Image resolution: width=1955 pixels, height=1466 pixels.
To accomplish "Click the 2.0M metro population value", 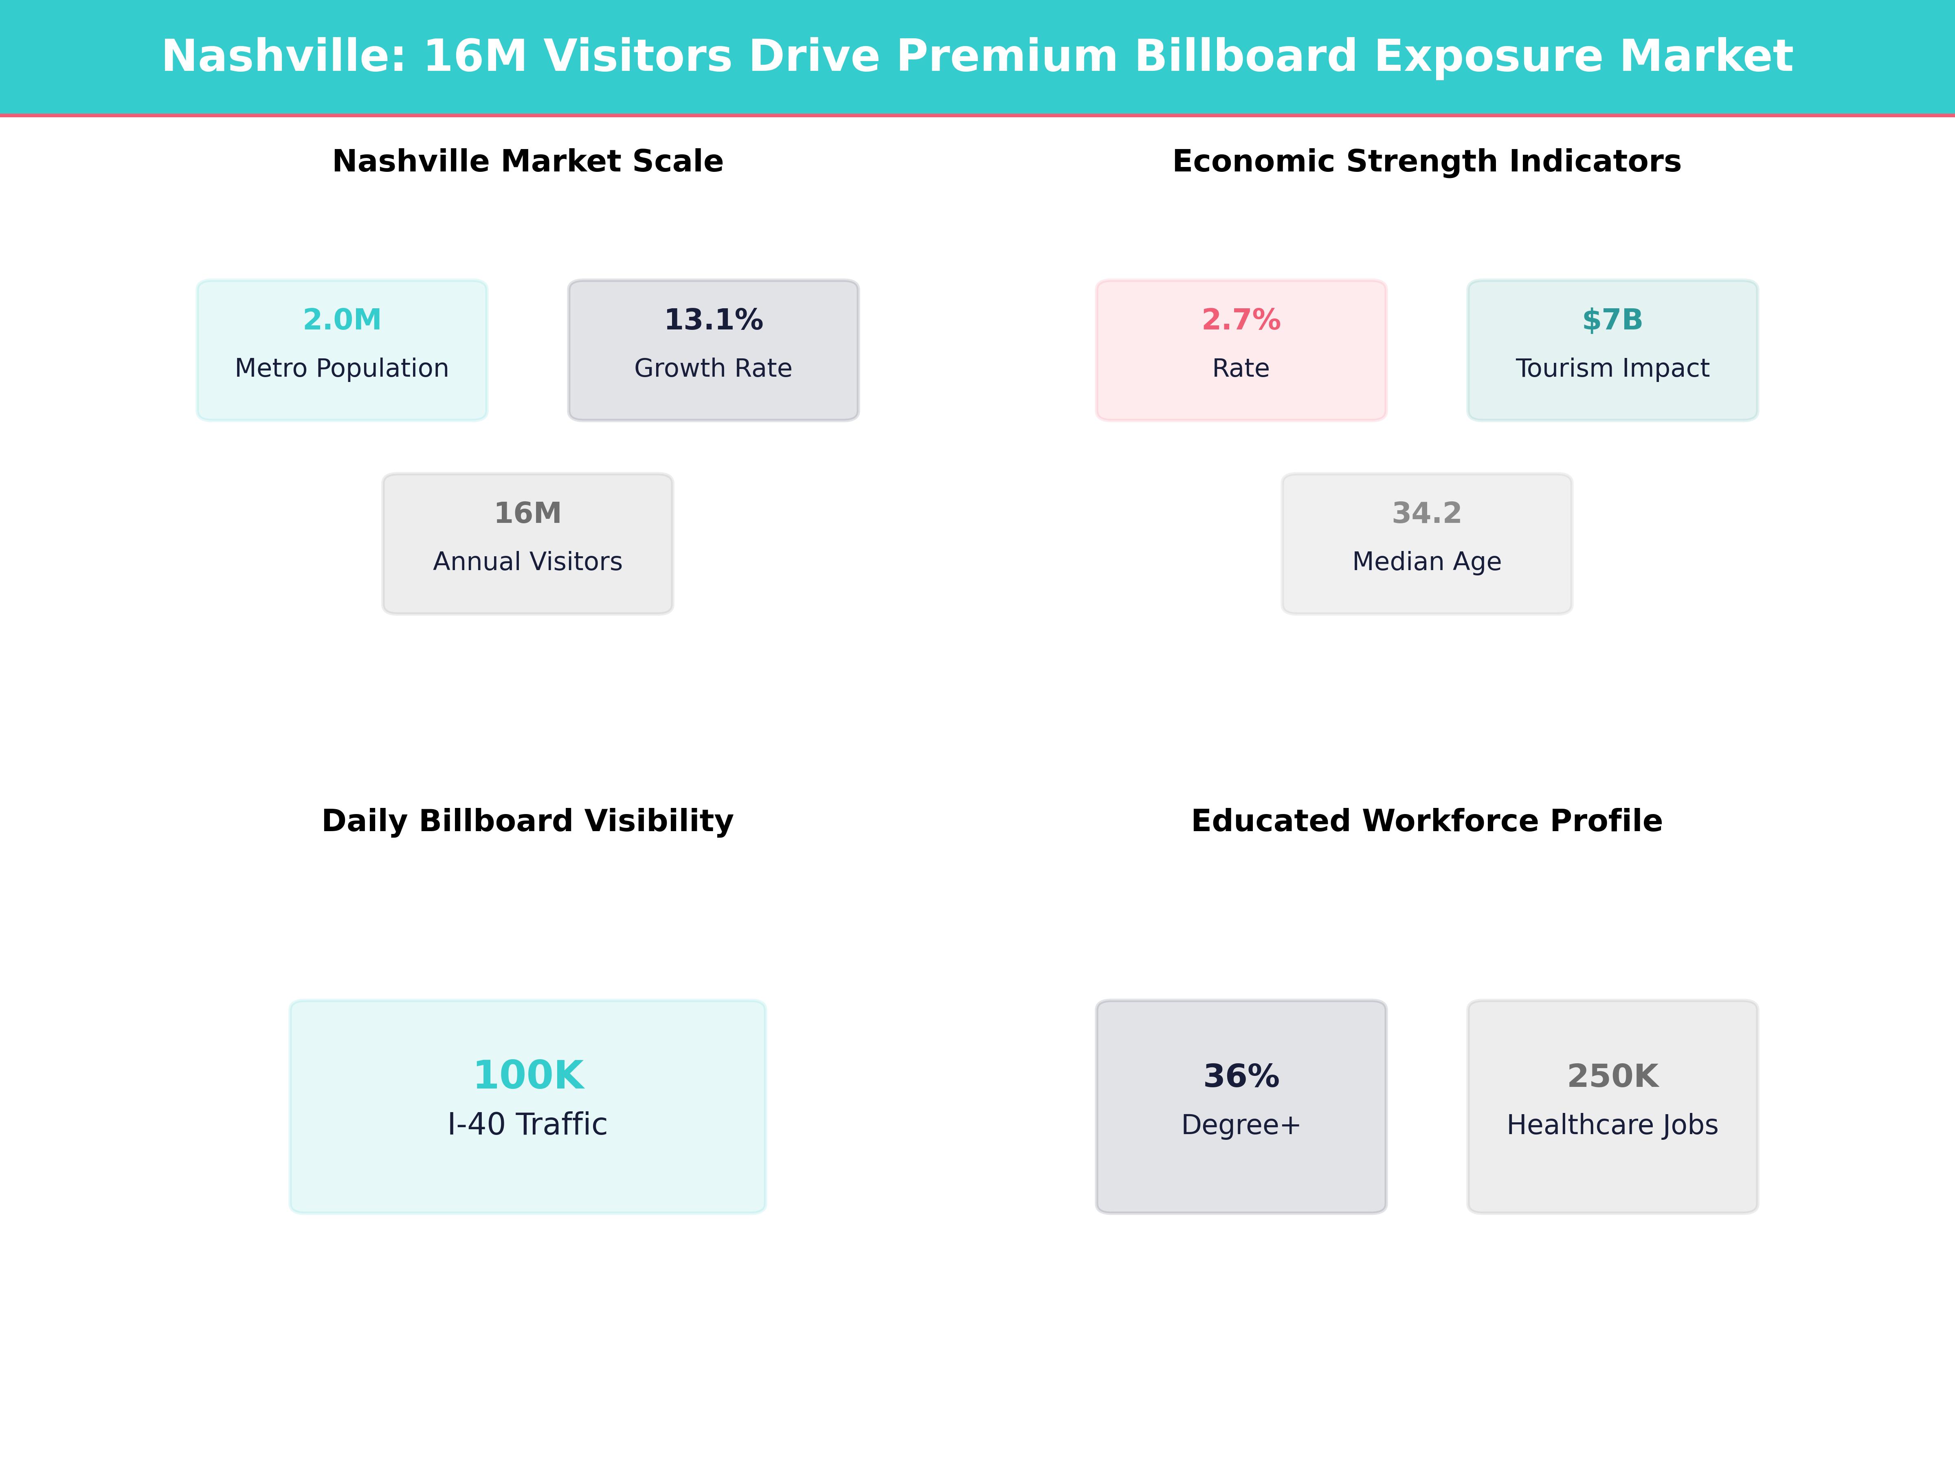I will point(342,320).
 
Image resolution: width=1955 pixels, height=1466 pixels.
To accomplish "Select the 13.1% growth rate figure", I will point(713,320).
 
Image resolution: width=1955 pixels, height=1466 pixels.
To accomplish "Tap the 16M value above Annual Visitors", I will point(527,514).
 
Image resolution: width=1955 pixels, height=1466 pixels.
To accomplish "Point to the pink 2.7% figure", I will point(1241,320).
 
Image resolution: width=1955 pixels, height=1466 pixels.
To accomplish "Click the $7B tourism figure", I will point(1612,320).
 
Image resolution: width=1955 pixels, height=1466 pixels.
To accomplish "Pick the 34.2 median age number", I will point(1426,514).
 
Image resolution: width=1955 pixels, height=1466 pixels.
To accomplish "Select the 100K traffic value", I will point(527,1075).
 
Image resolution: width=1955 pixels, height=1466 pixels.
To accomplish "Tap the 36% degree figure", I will point(1241,1076).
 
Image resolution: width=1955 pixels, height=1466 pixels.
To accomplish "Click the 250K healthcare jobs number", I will point(1612,1076).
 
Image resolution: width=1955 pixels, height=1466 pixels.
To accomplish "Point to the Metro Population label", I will point(342,369).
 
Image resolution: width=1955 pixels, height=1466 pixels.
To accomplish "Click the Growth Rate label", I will point(713,369).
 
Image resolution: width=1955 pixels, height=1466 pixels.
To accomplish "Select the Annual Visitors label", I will point(527,562).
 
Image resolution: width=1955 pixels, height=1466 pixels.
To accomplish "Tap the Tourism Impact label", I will point(1612,369).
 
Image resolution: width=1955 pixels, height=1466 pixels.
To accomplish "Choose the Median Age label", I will point(1426,562).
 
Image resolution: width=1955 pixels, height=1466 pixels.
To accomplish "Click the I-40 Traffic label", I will point(527,1125).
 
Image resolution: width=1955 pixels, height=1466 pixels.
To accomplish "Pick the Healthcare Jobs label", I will point(1612,1125).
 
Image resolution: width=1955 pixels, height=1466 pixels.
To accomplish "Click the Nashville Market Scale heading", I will point(527,162).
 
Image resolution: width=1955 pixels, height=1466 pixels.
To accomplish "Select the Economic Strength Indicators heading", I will point(1426,162).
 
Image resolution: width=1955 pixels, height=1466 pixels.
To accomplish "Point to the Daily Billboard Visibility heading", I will point(527,821).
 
